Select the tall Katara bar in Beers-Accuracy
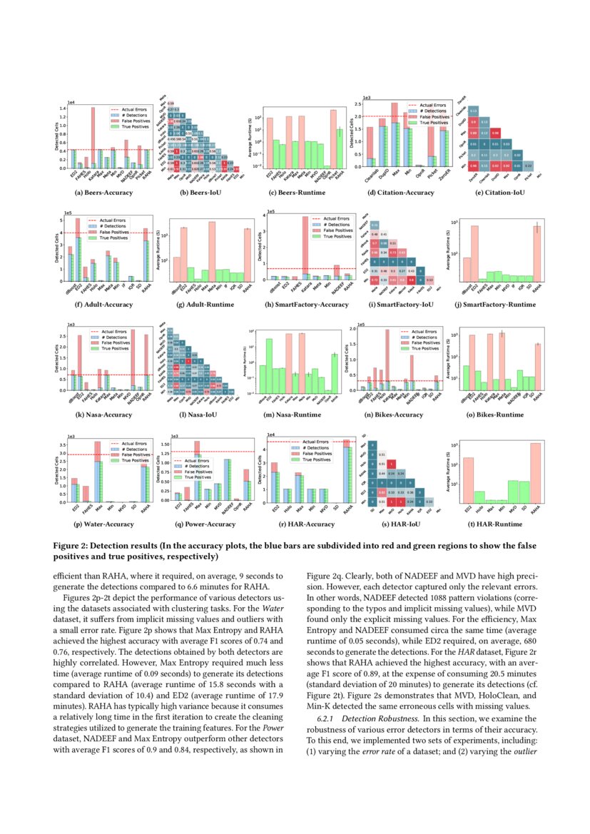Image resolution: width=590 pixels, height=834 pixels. click(x=93, y=136)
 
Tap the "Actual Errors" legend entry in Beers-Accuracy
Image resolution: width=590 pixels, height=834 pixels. click(x=128, y=108)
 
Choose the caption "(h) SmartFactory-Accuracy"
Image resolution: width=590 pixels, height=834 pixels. click(x=295, y=305)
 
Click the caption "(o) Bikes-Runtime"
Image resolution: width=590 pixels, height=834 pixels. click(x=492, y=415)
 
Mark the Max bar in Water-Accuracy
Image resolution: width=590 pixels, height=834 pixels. click(x=98, y=474)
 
